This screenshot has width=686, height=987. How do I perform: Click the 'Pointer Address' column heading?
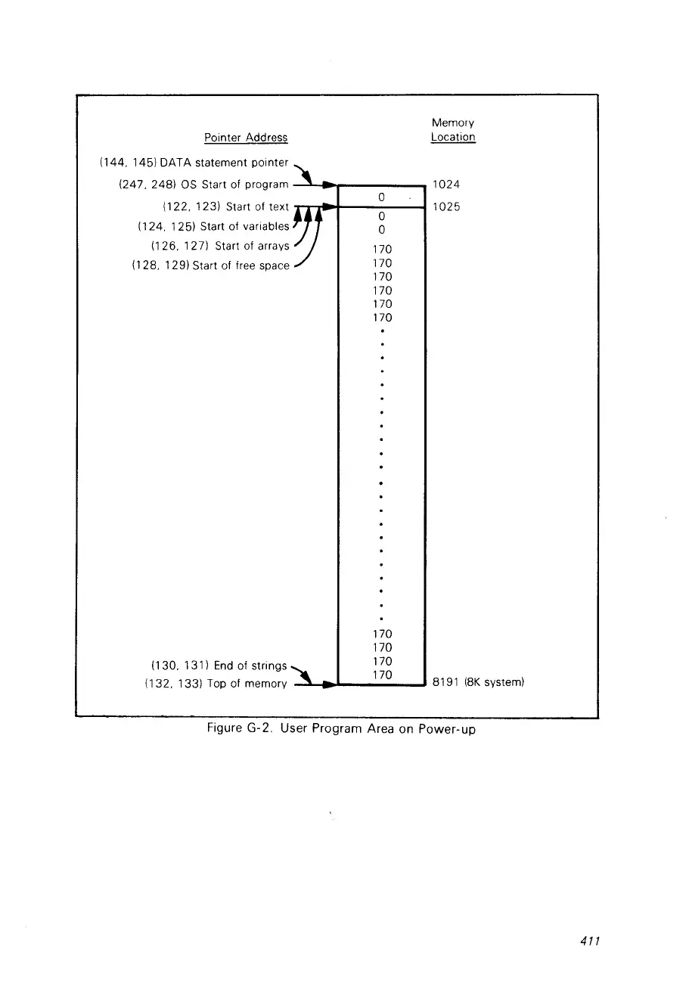pyautogui.click(x=246, y=138)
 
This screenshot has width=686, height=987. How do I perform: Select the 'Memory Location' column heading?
pyautogui.click(x=453, y=130)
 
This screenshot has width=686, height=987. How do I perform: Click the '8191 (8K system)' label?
pyautogui.click(x=479, y=683)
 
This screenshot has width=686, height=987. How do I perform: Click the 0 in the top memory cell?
pyautogui.click(x=383, y=197)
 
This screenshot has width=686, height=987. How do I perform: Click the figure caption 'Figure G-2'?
pyautogui.click(x=239, y=730)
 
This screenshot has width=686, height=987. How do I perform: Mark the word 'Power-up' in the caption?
pyautogui.click(x=449, y=731)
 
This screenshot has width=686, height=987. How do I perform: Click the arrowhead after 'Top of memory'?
pyautogui.click(x=329, y=685)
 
